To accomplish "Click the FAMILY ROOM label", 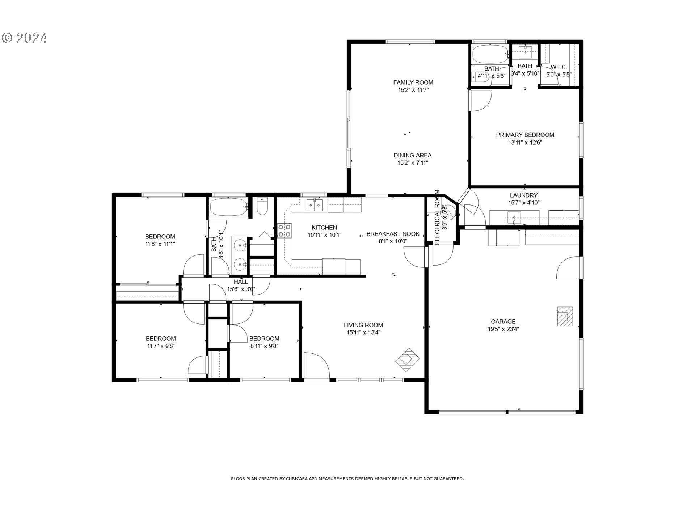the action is [413, 82].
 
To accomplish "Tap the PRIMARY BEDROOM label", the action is [525, 135].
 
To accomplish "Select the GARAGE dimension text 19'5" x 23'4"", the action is [503, 329].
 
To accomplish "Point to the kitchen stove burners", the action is [285, 231].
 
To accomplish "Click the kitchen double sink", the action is [315, 206].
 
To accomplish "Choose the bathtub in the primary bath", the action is [490, 54].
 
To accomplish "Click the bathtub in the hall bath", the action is [229, 207].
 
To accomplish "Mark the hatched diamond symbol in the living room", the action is [407, 360].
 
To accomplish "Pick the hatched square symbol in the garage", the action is [565, 317].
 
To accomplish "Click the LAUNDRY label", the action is [523, 195].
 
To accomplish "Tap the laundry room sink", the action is [514, 218].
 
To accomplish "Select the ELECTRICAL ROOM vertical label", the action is [437, 217].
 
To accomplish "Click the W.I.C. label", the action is [559, 67].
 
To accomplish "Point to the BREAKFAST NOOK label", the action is [393, 234].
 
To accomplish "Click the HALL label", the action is [241, 282].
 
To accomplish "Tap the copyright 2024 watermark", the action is [24, 38].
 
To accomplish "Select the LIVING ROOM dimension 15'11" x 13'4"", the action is [363, 333].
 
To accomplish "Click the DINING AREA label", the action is [413, 156].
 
